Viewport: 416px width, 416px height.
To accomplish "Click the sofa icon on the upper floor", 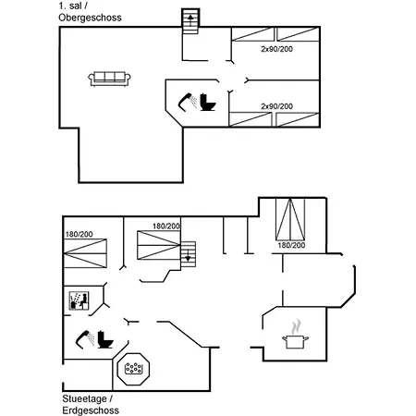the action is (109, 79).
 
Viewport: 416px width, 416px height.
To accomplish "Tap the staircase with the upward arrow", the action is (190, 21).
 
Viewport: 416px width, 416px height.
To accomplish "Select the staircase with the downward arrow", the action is (188, 254).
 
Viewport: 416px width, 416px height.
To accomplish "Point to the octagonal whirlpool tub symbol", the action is (133, 369).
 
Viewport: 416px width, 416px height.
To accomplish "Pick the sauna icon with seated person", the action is (79, 300).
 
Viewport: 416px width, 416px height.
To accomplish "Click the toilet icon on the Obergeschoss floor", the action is (208, 102).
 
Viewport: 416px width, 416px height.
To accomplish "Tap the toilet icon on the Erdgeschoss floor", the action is (105, 339).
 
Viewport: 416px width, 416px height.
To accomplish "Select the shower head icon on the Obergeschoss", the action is (188, 102).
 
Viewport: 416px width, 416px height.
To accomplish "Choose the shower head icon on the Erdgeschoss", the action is (85, 339).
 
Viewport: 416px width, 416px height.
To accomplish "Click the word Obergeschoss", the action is (90, 18).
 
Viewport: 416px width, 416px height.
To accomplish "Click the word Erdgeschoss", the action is (91, 410).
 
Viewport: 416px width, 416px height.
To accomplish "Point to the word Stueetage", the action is (85, 398).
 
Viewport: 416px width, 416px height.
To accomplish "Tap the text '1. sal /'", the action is (73, 6).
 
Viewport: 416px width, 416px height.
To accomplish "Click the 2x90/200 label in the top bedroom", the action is (276, 49).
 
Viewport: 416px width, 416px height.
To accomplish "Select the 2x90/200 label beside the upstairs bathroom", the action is (276, 106).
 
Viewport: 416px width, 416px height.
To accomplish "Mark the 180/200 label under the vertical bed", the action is (291, 245).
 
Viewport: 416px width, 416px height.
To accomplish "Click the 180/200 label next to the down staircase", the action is (166, 226).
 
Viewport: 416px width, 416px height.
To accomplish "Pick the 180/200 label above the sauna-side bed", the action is (79, 234).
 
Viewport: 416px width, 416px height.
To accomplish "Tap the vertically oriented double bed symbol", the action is (290, 219).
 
